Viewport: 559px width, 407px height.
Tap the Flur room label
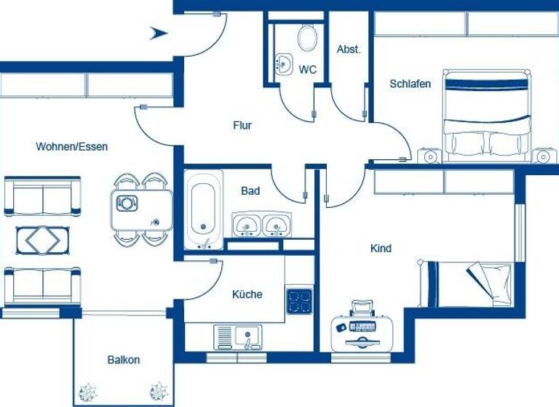click(242, 126)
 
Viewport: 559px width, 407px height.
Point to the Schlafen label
click(410, 84)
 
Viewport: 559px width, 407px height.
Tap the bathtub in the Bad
click(204, 207)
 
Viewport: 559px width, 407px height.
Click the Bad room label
click(250, 191)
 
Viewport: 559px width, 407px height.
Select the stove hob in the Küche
click(299, 301)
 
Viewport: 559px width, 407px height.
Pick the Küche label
click(247, 294)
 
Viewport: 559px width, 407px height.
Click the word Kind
click(381, 249)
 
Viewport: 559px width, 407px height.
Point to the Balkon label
click(123, 360)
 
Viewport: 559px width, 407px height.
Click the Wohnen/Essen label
click(72, 147)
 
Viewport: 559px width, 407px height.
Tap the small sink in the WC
click(283, 64)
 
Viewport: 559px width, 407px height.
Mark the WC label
click(308, 70)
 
